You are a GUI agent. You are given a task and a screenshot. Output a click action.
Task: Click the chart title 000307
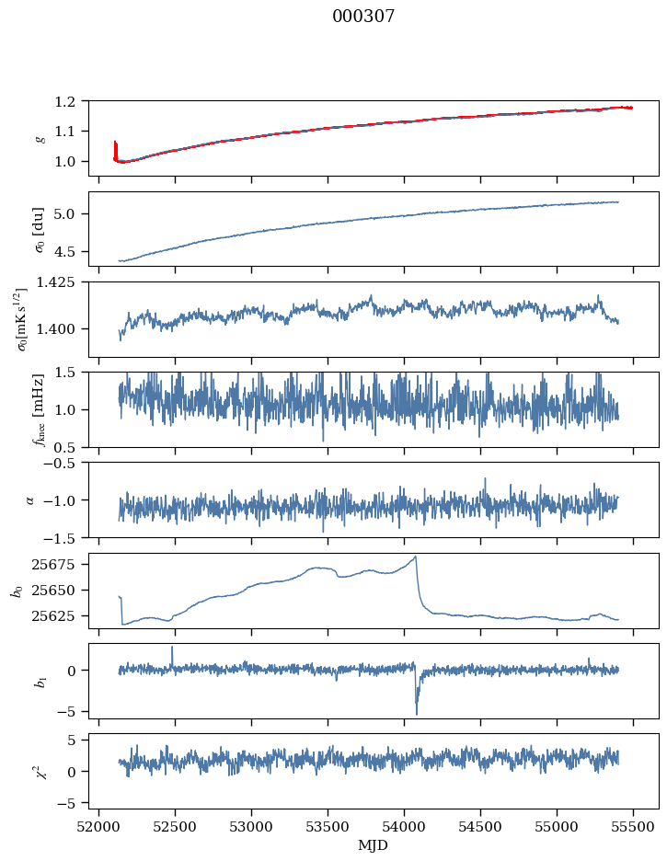click(x=363, y=17)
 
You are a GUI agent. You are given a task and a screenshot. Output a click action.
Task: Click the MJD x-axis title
click(x=374, y=844)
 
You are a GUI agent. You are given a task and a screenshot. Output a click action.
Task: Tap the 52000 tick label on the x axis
click(x=100, y=825)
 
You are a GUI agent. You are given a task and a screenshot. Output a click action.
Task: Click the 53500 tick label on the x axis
click(x=328, y=825)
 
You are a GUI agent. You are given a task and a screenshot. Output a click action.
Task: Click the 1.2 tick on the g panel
click(x=72, y=101)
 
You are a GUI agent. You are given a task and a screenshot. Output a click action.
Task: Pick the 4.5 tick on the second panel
click(x=72, y=251)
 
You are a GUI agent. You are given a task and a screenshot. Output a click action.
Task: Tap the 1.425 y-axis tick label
click(x=63, y=282)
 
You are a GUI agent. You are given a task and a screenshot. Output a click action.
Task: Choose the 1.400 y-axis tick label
click(x=63, y=328)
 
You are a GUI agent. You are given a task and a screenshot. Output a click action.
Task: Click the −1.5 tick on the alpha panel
click(x=68, y=537)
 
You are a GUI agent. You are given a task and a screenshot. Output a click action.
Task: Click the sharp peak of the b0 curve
click(x=416, y=557)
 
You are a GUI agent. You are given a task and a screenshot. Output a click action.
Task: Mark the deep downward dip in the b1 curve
click(x=416, y=713)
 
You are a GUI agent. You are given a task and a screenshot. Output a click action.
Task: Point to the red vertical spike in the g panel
click(x=115, y=147)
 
